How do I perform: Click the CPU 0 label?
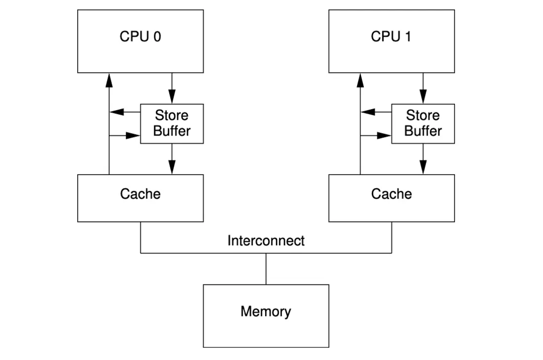140,37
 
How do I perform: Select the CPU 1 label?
391,37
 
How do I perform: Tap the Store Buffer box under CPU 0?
172,124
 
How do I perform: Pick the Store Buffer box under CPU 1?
423,124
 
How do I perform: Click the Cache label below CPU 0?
140,194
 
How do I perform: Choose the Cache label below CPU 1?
391,194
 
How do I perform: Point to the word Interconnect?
266,241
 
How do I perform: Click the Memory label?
266,312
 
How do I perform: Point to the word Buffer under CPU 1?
423,131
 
